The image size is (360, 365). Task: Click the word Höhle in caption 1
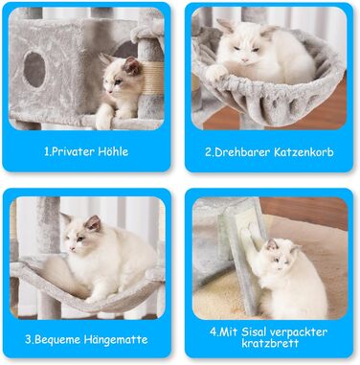pyautogui.click(x=113, y=151)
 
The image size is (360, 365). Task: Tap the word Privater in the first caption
pyautogui.click(x=72, y=151)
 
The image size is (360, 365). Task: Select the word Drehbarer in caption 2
pyautogui.click(x=241, y=152)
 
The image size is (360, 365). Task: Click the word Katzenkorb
pyautogui.click(x=304, y=152)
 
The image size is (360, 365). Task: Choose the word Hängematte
pyautogui.click(x=116, y=339)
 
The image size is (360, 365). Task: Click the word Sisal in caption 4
pyautogui.click(x=254, y=331)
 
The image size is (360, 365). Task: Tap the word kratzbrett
pyautogui.click(x=270, y=344)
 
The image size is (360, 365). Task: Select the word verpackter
pyautogui.click(x=299, y=332)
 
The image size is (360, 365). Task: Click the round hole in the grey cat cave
pyautogui.click(x=34, y=69)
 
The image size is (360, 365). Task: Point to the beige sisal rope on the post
pyautogui.click(x=152, y=79)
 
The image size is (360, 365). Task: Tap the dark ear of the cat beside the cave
pyautogui.click(x=132, y=65)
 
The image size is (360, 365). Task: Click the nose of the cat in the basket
pyautogui.click(x=245, y=60)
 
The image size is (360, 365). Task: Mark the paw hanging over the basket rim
pyautogui.click(x=214, y=73)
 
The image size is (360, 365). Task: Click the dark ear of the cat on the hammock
pyautogui.click(x=93, y=223)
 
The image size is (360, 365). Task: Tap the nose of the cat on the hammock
pyautogui.click(x=72, y=248)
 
